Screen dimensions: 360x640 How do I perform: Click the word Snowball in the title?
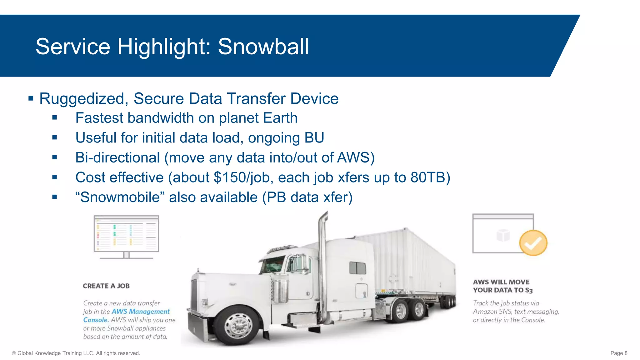tap(263, 47)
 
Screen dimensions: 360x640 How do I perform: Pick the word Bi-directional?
tap(117, 158)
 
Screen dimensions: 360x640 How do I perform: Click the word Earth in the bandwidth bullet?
tap(280, 118)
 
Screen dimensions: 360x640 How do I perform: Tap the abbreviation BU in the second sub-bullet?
tap(314, 138)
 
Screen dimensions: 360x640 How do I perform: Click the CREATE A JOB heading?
tap(106, 286)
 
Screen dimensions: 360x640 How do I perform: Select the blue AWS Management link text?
tap(141, 312)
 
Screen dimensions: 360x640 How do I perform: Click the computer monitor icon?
tap(126, 236)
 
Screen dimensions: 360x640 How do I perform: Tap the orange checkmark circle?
tap(533, 243)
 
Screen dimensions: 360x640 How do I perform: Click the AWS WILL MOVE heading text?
tap(501, 282)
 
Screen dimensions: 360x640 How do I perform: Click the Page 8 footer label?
tap(619, 353)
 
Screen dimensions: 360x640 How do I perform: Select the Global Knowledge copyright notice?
tap(76, 353)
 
